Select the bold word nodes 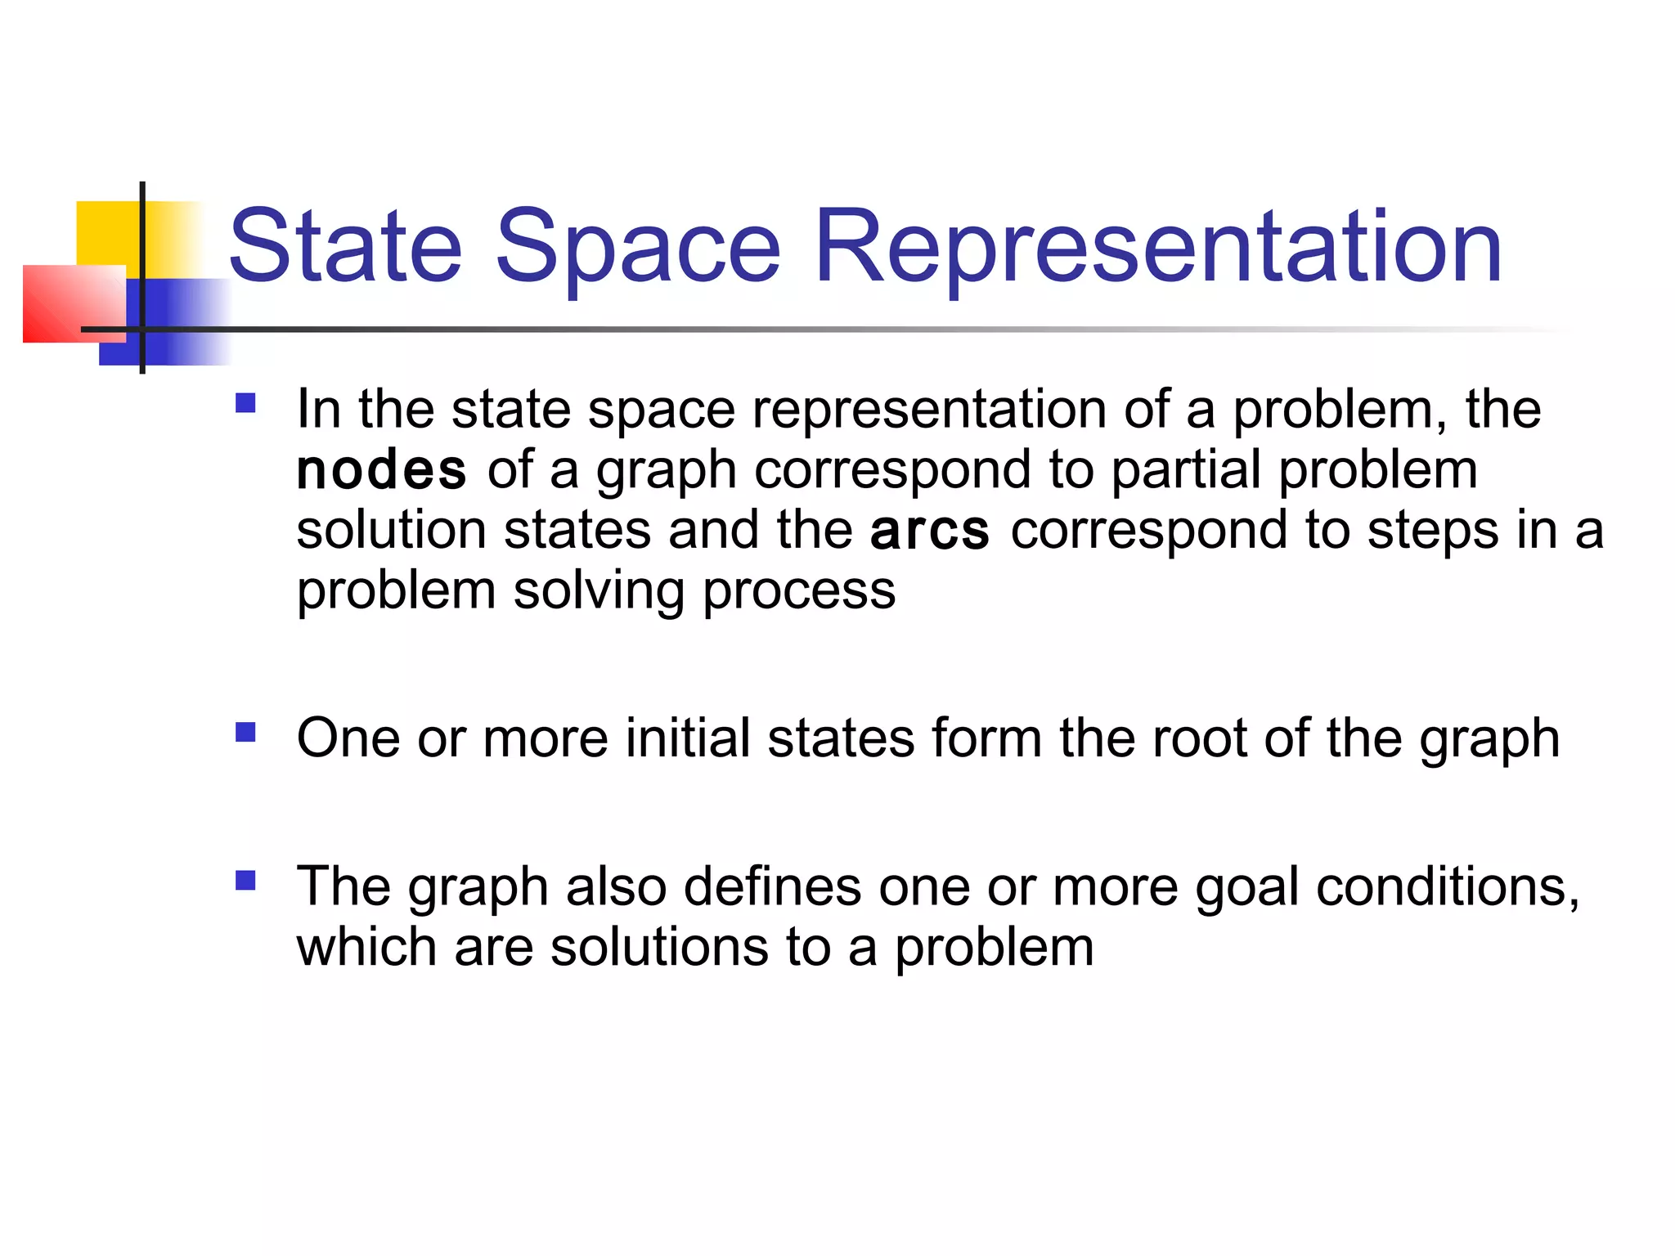(x=381, y=470)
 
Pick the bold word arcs (x=930, y=531)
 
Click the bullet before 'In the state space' (x=245, y=403)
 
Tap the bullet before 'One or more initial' (x=245, y=731)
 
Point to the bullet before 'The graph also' (x=245, y=880)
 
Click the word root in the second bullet (x=1198, y=738)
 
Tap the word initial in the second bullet (x=687, y=738)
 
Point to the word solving (x=599, y=591)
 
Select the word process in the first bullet (x=799, y=591)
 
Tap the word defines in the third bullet (x=772, y=888)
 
